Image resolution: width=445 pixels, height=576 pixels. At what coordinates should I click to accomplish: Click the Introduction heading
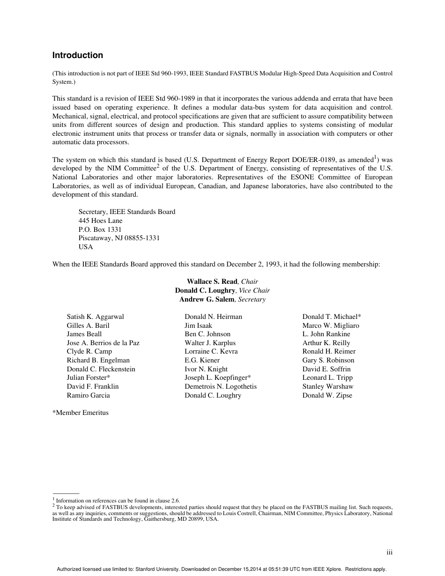[x=77, y=55]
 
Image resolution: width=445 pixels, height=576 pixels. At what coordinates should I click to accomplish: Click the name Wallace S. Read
[x=212, y=281]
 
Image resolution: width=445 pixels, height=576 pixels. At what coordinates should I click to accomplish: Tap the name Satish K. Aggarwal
[x=95, y=317]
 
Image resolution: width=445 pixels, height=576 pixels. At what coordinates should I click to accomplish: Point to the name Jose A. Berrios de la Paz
[x=103, y=343]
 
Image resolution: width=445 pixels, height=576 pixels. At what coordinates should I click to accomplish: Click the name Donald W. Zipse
[x=327, y=395]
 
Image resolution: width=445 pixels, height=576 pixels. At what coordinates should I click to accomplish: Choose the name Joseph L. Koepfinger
[x=216, y=377]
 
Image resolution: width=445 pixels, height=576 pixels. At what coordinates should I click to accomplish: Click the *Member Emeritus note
[x=80, y=413]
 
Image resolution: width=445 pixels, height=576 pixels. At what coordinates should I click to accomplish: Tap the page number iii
[x=389, y=553]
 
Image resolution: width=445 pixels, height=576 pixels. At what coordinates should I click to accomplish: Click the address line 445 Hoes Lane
[x=100, y=221]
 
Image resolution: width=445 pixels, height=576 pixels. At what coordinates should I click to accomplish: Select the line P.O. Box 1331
[x=100, y=229]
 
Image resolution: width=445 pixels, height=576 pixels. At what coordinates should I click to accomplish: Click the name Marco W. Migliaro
[x=331, y=325]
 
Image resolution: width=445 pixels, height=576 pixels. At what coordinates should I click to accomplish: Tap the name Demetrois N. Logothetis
[x=220, y=386]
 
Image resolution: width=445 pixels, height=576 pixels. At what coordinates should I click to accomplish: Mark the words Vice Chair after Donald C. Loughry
[x=254, y=290]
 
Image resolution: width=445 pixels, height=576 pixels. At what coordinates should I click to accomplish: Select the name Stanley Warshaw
[x=327, y=386]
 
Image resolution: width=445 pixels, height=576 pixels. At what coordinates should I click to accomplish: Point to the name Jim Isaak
[x=198, y=325]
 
